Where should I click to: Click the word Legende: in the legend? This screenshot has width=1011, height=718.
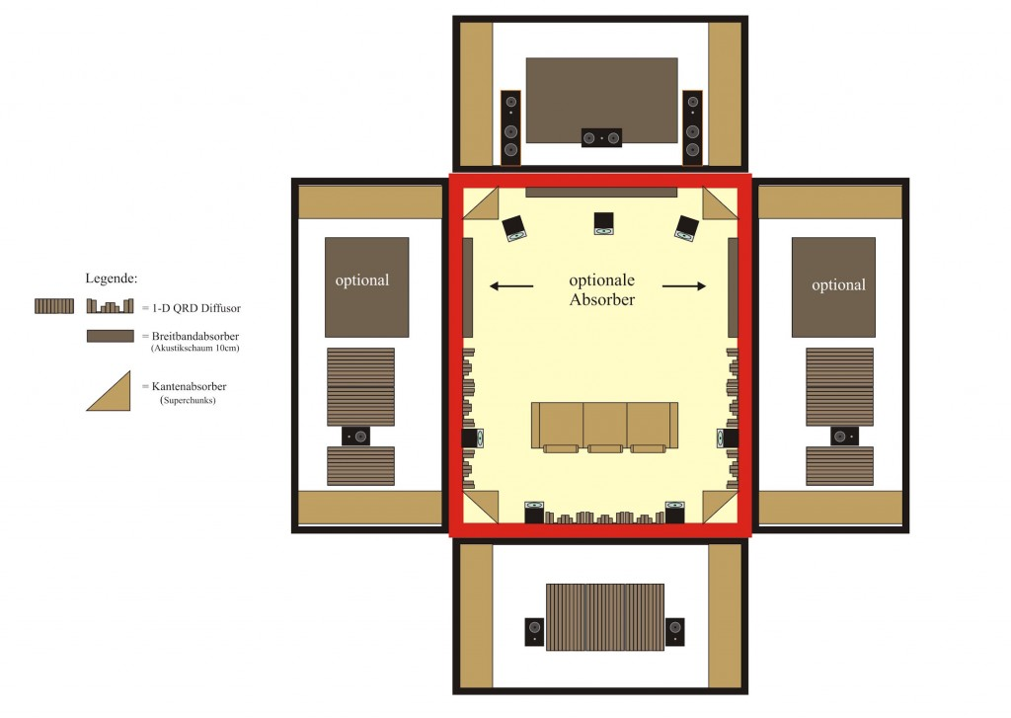point(111,279)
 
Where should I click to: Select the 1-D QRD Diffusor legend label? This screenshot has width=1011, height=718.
point(196,308)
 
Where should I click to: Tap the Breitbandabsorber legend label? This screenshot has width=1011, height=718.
point(195,336)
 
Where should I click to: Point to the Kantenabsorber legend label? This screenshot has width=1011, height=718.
point(189,386)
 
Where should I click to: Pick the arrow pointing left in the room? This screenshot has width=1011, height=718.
point(511,285)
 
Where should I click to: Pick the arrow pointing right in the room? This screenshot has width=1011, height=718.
point(684,285)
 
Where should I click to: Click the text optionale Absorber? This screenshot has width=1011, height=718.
point(601,289)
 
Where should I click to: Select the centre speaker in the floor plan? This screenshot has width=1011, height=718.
point(603,223)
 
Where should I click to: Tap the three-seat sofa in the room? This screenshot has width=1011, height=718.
point(605,427)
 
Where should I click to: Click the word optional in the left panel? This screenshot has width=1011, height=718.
point(361,279)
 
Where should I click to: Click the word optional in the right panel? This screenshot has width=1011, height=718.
point(838,284)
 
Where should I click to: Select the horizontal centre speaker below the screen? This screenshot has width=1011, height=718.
point(601,137)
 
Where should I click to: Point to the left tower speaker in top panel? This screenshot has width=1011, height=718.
point(510,127)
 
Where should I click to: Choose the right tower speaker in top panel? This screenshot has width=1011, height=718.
point(692,127)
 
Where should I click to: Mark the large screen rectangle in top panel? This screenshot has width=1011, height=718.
point(601,100)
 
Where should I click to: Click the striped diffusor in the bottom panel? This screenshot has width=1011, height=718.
point(605,617)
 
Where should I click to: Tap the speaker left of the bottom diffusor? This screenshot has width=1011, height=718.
point(534,631)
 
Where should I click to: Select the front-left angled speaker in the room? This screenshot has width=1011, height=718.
point(514,228)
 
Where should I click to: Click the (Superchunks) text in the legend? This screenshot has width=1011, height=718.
point(188,400)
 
